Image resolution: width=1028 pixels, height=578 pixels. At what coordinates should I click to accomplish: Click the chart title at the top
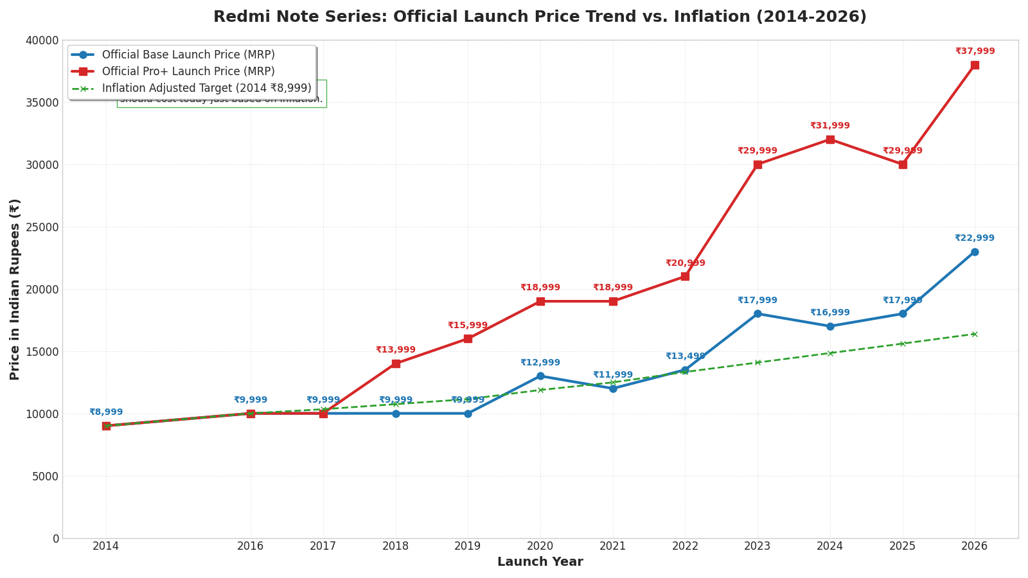point(540,17)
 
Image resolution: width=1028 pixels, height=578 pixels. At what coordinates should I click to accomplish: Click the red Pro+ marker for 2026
point(975,65)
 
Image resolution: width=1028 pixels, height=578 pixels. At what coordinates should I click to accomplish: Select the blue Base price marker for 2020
point(540,376)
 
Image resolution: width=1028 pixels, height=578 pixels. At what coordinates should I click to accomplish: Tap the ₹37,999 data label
point(975,51)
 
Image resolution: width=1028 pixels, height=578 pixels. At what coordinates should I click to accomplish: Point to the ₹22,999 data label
point(974,238)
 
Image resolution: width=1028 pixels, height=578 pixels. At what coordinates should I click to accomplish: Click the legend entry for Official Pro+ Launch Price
point(188,72)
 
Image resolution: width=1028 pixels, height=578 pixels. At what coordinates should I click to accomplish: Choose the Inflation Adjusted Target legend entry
point(206,89)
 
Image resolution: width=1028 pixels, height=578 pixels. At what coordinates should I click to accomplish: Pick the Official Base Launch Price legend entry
point(188,55)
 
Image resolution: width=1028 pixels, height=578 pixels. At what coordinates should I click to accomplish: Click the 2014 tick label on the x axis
point(106,547)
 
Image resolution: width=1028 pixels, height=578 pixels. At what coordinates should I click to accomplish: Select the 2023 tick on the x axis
point(758,547)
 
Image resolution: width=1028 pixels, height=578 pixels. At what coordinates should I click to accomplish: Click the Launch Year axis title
point(540,563)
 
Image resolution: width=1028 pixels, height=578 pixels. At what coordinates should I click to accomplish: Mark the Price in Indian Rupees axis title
point(15,289)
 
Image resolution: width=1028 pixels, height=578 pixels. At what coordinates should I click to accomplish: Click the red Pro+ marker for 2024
point(830,139)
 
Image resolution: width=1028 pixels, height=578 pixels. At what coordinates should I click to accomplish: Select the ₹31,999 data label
point(829,126)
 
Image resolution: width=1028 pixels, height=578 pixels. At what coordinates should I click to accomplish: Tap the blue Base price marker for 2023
point(758,314)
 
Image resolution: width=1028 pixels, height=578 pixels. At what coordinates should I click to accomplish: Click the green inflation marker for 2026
point(975,334)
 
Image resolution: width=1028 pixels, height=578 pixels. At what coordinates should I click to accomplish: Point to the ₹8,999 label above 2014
point(106,412)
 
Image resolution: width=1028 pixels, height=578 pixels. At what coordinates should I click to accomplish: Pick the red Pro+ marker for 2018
point(396,363)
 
